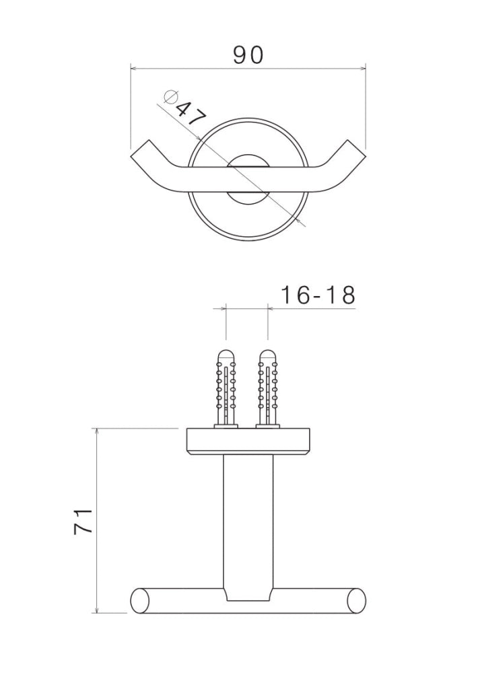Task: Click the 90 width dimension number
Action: [x=248, y=55]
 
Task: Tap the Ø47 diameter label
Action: [x=184, y=107]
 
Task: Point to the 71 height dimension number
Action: [x=83, y=521]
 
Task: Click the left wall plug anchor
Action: [x=226, y=388]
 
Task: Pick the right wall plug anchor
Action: [x=268, y=388]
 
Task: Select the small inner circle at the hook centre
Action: [x=248, y=180]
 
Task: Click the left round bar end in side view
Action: [x=141, y=600]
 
